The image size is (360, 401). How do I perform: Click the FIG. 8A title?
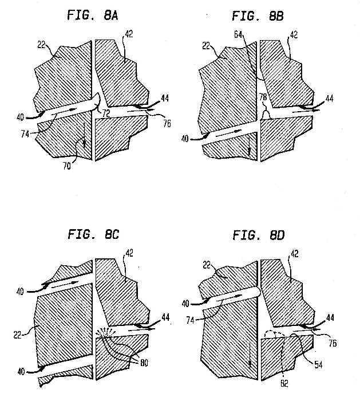(x=92, y=15)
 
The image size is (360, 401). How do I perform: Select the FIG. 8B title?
(x=258, y=16)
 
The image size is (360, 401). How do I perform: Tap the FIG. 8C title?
(x=93, y=234)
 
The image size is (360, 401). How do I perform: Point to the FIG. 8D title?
(x=259, y=235)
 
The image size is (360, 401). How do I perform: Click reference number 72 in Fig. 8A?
(x=106, y=113)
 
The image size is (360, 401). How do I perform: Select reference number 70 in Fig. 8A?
(x=67, y=166)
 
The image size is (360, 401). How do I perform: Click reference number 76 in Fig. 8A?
(x=167, y=124)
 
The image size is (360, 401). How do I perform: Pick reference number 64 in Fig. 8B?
(x=238, y=34)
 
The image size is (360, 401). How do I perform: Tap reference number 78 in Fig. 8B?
(x=263, y=97)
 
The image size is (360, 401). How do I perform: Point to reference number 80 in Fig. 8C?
(x=144, y=363)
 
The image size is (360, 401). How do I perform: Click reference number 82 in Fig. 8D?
(x=284, y=383)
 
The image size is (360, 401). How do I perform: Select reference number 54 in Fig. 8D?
(x=318, y=364)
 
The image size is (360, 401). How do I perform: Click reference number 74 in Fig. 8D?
(x=191, y=320)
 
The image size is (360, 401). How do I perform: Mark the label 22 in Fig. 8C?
(x=17, y=335)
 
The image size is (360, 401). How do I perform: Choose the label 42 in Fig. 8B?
(x=294, y=34)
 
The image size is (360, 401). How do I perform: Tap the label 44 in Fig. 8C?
(x=165, y=317)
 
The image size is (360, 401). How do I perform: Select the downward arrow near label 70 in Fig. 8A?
(x=84, y=135)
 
